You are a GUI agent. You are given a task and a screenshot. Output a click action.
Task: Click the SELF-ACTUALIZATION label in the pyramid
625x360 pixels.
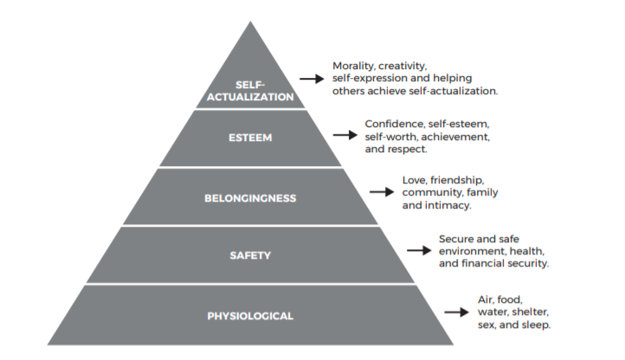pos(250,91)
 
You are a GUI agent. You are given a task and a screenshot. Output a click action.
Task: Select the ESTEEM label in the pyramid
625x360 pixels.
pos(250,138)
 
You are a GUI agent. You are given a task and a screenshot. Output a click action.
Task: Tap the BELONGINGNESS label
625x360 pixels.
pos(250,198)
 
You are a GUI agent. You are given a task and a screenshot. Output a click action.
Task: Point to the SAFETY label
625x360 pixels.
pos(250,255)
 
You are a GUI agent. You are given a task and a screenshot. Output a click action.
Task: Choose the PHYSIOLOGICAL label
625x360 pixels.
pos(250,316)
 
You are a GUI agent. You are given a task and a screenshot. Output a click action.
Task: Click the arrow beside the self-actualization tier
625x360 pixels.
pos(312,79)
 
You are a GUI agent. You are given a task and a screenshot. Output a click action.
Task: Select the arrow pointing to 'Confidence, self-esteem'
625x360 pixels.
pos(345,135)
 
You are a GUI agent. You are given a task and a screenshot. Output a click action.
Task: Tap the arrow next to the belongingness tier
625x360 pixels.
pos(382,192)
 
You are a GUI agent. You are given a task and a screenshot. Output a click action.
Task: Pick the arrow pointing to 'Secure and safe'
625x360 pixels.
pos(419,250)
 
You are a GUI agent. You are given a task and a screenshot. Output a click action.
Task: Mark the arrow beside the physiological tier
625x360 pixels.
pos(456,312)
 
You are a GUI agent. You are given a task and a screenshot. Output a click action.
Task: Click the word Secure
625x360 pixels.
pos(453,239)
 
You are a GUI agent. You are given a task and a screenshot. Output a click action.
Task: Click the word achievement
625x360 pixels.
pos(455,137)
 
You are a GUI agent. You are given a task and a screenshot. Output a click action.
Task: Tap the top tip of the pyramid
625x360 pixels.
pos(250,21)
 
